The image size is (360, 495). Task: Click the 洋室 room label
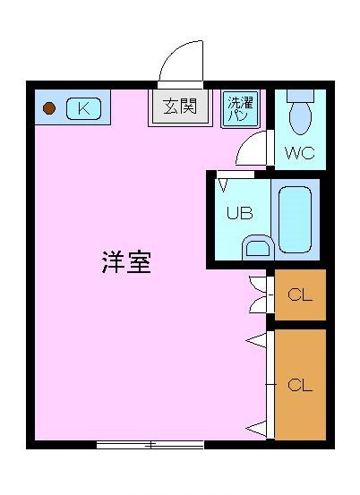click(x=125, y=263)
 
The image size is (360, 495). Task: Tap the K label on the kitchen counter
click(x=83, y=108)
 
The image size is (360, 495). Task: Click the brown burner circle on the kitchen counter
click(x=50, y=109)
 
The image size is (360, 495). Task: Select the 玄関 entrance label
click(x=179, y=107)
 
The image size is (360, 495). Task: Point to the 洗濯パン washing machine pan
click(x=239, y=109)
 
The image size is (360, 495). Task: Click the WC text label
click(x=300, y=152)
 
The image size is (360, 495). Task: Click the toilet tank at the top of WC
click(x=301, y=94)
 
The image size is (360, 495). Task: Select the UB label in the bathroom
click(x=238, y=213)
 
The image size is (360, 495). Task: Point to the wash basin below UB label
click(x=257, y=247)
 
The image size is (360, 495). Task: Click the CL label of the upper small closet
click(x=299, y=294)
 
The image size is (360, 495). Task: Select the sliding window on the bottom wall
click(x=150, y=444)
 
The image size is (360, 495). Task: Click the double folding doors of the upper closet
click(x=259, y=294)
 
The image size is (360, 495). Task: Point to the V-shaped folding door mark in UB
click(x=224, y=186)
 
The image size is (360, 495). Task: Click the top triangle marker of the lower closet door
click(x=256, y=339)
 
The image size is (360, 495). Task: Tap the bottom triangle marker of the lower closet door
click(x=256, y=427)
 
